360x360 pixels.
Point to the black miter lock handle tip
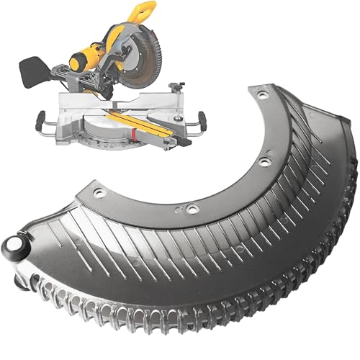pos(185,143)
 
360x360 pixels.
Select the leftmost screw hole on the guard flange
pos(99,193)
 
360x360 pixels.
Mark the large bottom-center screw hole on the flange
pos(192,209)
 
